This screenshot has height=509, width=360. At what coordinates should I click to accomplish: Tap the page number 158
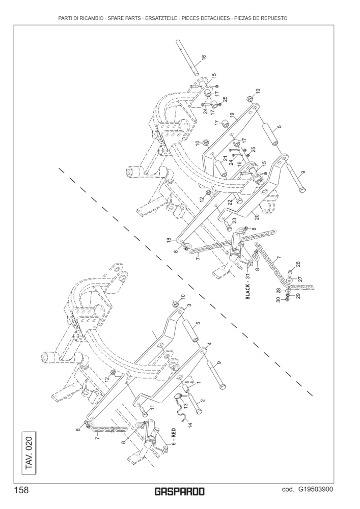click(21, 490)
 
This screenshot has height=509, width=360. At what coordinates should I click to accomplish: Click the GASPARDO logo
click(180, 492)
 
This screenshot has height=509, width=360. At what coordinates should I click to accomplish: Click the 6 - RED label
click(173, 437)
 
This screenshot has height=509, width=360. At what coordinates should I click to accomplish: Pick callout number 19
click(232, 116)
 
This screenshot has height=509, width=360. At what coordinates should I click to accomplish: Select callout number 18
click(169, 240)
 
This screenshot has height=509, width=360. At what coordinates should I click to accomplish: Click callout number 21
click(225, 159)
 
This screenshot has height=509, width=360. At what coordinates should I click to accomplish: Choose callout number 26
click(298, 265)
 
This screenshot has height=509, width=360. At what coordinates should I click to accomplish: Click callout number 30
click(278, 300)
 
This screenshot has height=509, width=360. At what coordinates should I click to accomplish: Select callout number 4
click(209, 344)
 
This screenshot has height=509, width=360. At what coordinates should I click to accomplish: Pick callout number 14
click(190, 425)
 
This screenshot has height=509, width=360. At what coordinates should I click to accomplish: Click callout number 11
click(152, 408)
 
